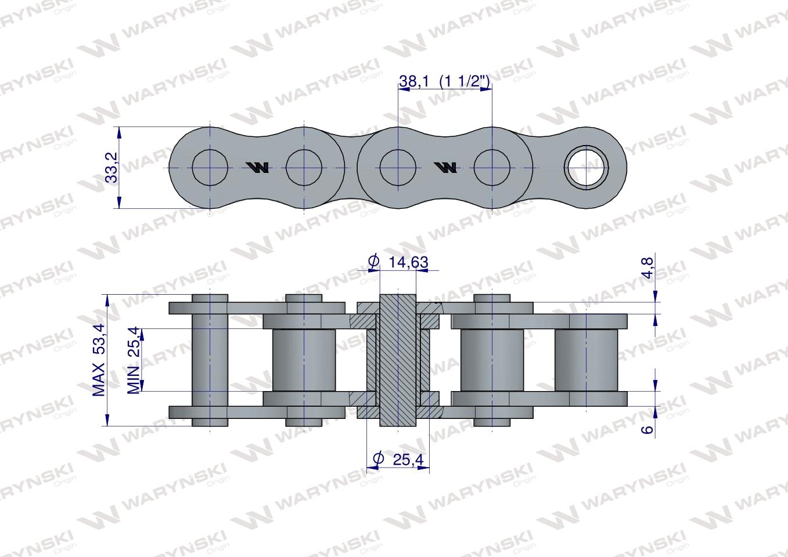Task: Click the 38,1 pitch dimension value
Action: [x=414, y=82]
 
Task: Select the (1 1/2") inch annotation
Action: [x=465, y=82]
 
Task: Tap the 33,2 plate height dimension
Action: [x=112, y=167]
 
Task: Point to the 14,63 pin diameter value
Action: [x=408, y=262]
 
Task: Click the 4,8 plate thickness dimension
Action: [x=647, y=268]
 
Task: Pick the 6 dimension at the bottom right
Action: [x=647, y=429]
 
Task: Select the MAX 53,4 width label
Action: [x=99, y=360]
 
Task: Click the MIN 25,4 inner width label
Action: [x=134, y=360]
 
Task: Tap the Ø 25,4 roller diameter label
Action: [x=398, y=460]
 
